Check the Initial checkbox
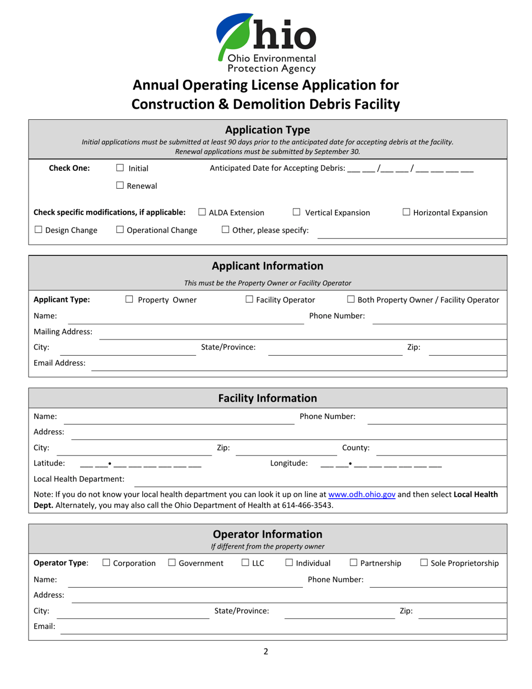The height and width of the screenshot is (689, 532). click(x=120, y=167)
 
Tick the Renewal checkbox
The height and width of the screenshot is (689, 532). click(x=120, y=186)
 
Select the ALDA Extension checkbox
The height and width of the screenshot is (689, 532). click(x=203, y=212)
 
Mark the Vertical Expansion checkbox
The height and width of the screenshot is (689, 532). click(x=297, y=212)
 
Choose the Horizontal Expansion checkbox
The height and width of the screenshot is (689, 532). click(x=407, y=212)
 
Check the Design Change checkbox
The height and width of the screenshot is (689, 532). click(x=38, y=230)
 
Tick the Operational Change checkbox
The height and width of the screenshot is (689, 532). click(x=120, y=230)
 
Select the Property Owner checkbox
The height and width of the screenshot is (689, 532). click(x=129, y=300)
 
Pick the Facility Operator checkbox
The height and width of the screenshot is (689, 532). click(x=250, y=300)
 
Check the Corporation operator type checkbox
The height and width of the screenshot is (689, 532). click(x=106, y=563)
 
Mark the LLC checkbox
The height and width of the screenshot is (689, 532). click(x=245, y=563)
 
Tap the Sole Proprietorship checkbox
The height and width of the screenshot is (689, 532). click(x=424, y=563)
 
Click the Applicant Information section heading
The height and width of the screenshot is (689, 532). click(x=267, y=266)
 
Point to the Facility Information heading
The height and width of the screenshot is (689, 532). click(x=267, y=398)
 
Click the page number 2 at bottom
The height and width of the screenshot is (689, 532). click(x=266, y=651)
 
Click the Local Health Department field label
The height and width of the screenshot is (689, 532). click(x=79, y=479)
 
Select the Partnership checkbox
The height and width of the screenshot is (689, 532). click(x=354, y=563)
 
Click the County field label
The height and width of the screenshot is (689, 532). click(x=356, y=448)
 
